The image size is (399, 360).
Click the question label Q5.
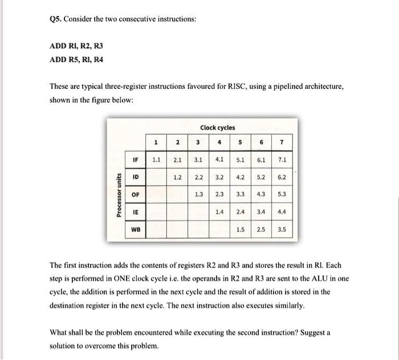tap(56, 18)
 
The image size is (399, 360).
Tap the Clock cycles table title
tap(217, 127)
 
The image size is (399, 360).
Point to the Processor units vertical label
tap(119, 194)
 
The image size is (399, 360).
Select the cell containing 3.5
tap(282, 230)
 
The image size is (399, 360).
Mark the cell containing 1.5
tap(240, 230)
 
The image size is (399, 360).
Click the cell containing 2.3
tap(219, 194)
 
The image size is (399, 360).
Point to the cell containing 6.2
tap(282, 177)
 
